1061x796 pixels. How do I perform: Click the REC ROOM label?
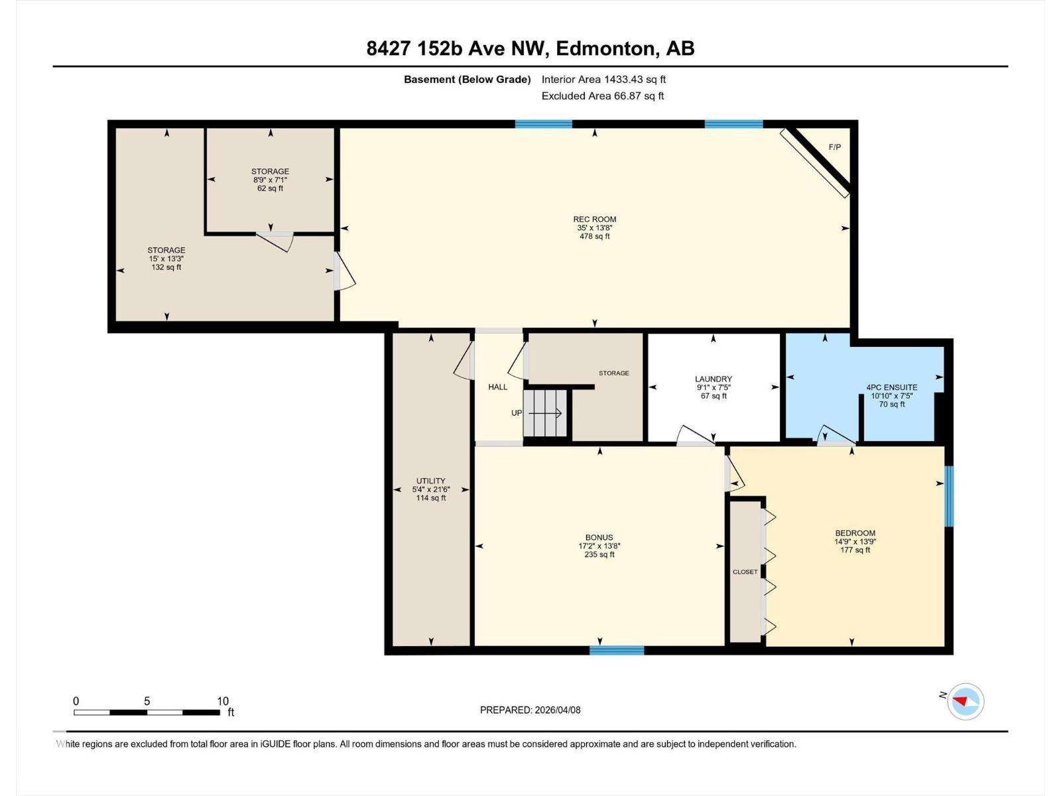pos(595,219)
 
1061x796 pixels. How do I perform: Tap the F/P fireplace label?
pos(835,147)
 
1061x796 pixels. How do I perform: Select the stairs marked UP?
pos(546,413)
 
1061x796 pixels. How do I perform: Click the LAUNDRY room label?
pos(714,379)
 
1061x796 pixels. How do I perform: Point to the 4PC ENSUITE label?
pos(892,387)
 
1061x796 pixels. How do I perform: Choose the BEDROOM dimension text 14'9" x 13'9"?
pos(855,541)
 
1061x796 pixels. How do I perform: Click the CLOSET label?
pos(745,572)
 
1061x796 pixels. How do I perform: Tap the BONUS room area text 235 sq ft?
pos(599,555)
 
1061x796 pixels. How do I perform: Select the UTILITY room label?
pos(431,481)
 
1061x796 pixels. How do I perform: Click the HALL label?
pos(497,387)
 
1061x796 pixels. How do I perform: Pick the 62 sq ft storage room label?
pos(270,188)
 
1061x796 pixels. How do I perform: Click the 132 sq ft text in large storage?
pos(166,267)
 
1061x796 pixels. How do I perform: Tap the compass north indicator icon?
pos(965,701)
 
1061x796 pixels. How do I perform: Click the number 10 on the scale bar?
pos(223,701)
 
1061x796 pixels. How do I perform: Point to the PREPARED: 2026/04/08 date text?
pos(530,710)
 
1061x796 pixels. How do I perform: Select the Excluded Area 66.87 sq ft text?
pos(603,96)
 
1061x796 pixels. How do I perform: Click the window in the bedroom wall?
pos(949,496)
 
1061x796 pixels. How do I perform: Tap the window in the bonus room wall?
pos(617,650)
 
